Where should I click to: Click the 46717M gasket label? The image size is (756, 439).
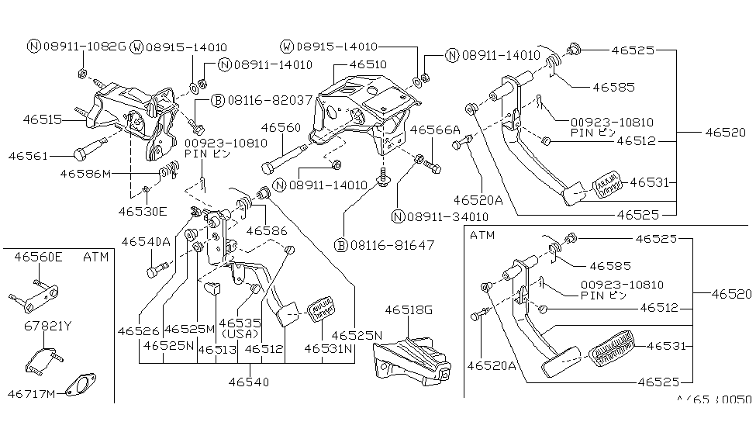35,394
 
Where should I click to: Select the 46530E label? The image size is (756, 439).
142,210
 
